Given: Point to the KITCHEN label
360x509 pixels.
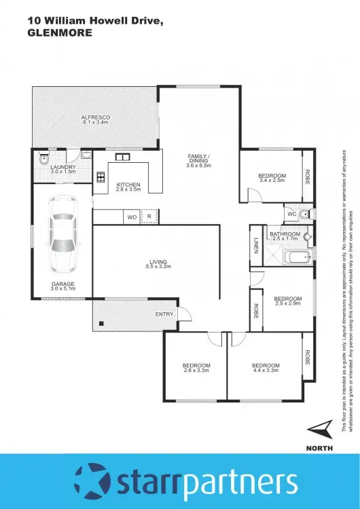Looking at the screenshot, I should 128,184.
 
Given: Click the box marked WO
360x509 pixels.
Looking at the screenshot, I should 132,217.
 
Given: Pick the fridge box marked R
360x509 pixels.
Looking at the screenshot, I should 150,217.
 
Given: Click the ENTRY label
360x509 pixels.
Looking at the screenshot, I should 164,314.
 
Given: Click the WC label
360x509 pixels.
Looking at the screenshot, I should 291,214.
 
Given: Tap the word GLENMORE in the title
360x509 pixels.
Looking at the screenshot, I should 59,32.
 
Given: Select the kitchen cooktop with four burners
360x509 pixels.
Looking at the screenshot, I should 101,178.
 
